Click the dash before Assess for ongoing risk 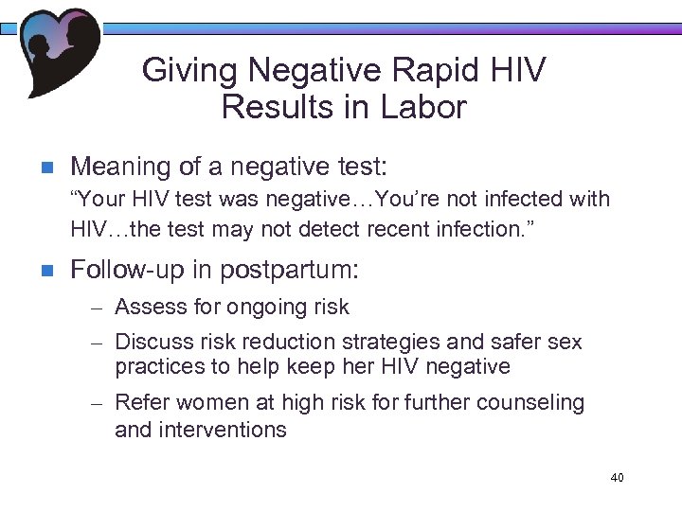tap(95, 308)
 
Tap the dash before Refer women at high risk tap(95, 403)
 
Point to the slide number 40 tap(618, 478)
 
